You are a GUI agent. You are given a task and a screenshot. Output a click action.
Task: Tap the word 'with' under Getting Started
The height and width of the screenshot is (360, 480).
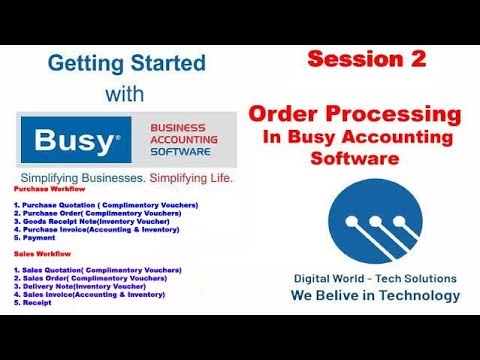tap(127, 93)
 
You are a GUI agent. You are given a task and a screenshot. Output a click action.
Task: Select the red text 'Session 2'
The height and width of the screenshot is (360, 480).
tap(366, 59)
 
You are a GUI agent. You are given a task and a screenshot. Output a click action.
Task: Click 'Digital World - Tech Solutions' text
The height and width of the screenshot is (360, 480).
tap(375, 278)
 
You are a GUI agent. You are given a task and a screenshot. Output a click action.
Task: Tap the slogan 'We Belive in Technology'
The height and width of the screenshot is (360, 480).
tap(375, 296)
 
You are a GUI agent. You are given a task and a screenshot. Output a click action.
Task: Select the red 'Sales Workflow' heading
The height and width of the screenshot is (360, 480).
tap(41, 254)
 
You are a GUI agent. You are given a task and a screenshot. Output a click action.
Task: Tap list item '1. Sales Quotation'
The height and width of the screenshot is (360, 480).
tap(97, 270)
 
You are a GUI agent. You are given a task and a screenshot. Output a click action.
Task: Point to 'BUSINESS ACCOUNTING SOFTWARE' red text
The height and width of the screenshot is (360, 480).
tap(190, 140)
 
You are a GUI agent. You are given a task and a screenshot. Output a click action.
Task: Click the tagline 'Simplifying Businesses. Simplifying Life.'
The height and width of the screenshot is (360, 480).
tap(126, 178)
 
